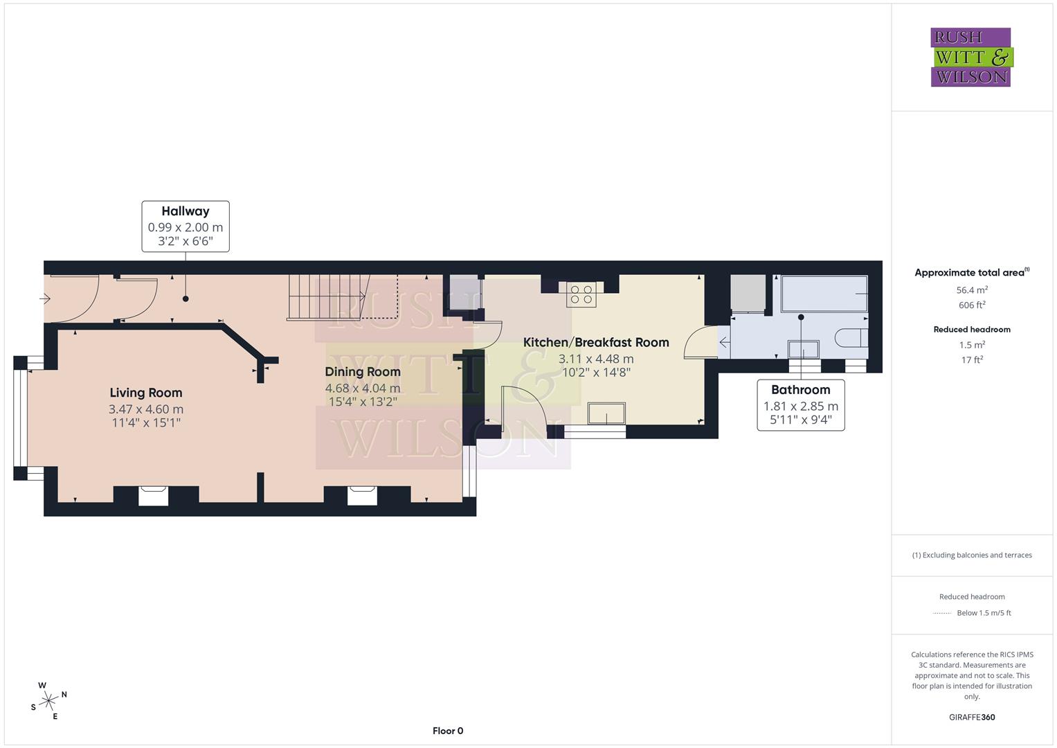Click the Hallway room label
185,211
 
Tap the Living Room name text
145,393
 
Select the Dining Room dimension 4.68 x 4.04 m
363,389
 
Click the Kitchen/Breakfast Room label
595,342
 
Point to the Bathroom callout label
800,390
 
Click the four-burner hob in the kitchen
581,294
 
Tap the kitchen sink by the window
606,413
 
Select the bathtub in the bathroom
824,294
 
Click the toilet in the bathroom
851,338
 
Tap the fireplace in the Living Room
154,495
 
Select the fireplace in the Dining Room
362,495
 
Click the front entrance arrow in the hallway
46,299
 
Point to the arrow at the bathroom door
724,341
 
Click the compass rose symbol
48,701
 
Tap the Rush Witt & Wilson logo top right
971,57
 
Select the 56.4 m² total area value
972,290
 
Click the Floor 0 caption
448,731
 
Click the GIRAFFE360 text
972,717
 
